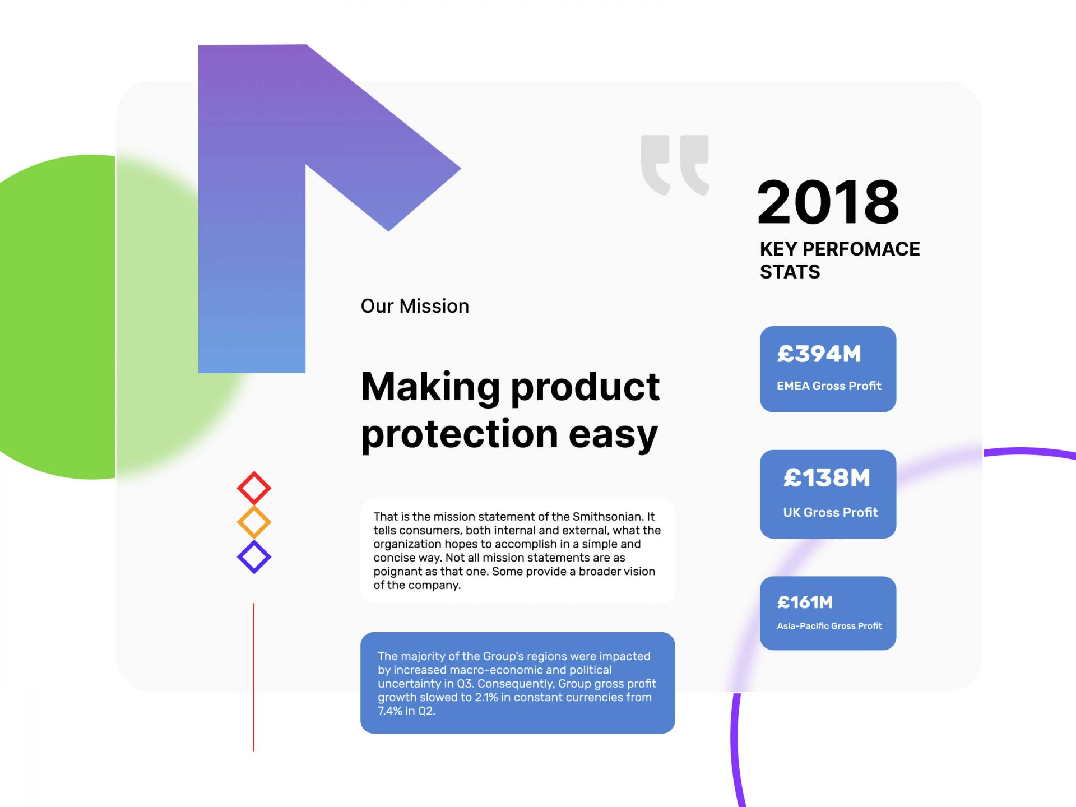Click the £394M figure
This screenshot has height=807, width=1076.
819,354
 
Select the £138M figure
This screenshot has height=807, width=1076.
827,478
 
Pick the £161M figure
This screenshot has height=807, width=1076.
805,602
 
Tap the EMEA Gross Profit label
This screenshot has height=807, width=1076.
829,386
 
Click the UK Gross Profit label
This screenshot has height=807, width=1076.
831,512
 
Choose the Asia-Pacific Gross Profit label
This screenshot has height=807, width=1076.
829,626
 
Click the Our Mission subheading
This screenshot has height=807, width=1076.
415,306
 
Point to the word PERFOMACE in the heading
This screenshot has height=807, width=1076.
861,249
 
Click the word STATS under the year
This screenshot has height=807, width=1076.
790,272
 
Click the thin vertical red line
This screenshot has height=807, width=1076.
253,677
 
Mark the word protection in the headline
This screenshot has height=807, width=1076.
460,435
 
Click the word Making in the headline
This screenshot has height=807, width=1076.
430,388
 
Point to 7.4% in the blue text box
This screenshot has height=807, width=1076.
390,711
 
